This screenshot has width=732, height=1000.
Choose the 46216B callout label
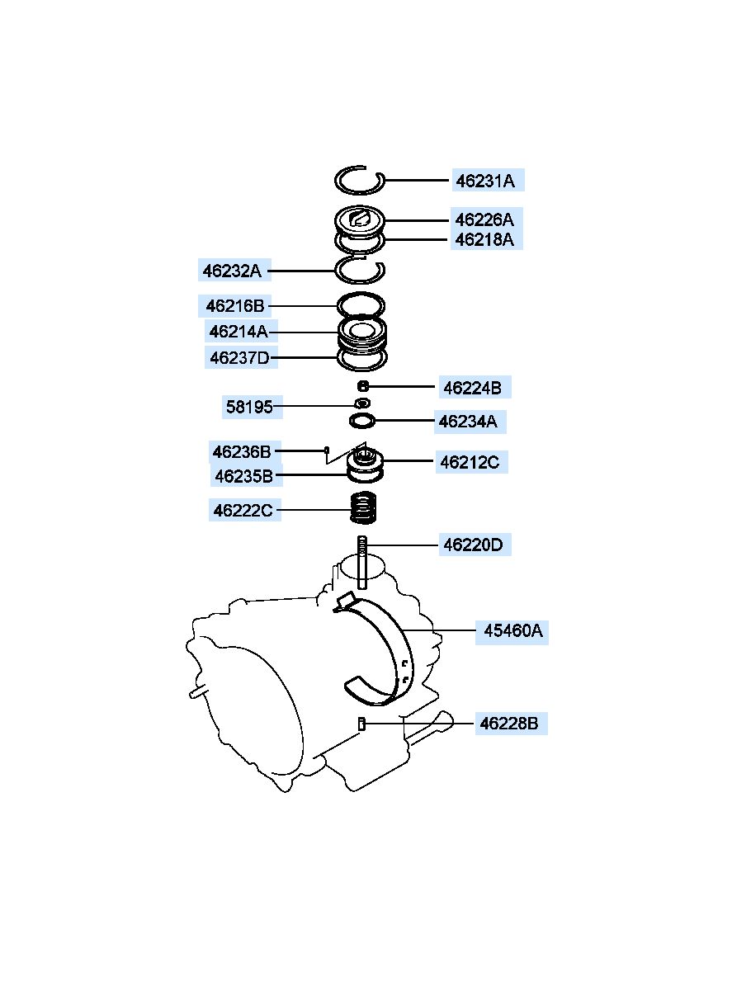click(x=235, y=306)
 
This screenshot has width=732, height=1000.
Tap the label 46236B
click(x=242, y=452)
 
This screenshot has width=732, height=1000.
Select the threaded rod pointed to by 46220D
click(x=361, y=562)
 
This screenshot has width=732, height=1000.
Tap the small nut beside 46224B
click(x=363, y=385)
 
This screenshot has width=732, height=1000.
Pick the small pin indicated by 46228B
click(x=361, y=724)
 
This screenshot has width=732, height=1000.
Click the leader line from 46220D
click(x=402, y=545)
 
